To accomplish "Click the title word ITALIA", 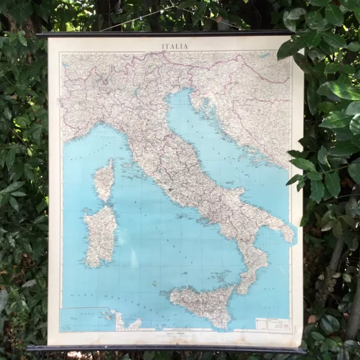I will point(175,46).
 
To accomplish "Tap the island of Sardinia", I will point(100,235).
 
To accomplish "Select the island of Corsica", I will point(104,179).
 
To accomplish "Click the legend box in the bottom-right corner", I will point(272,325).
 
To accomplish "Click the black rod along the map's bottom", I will point(169,348).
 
